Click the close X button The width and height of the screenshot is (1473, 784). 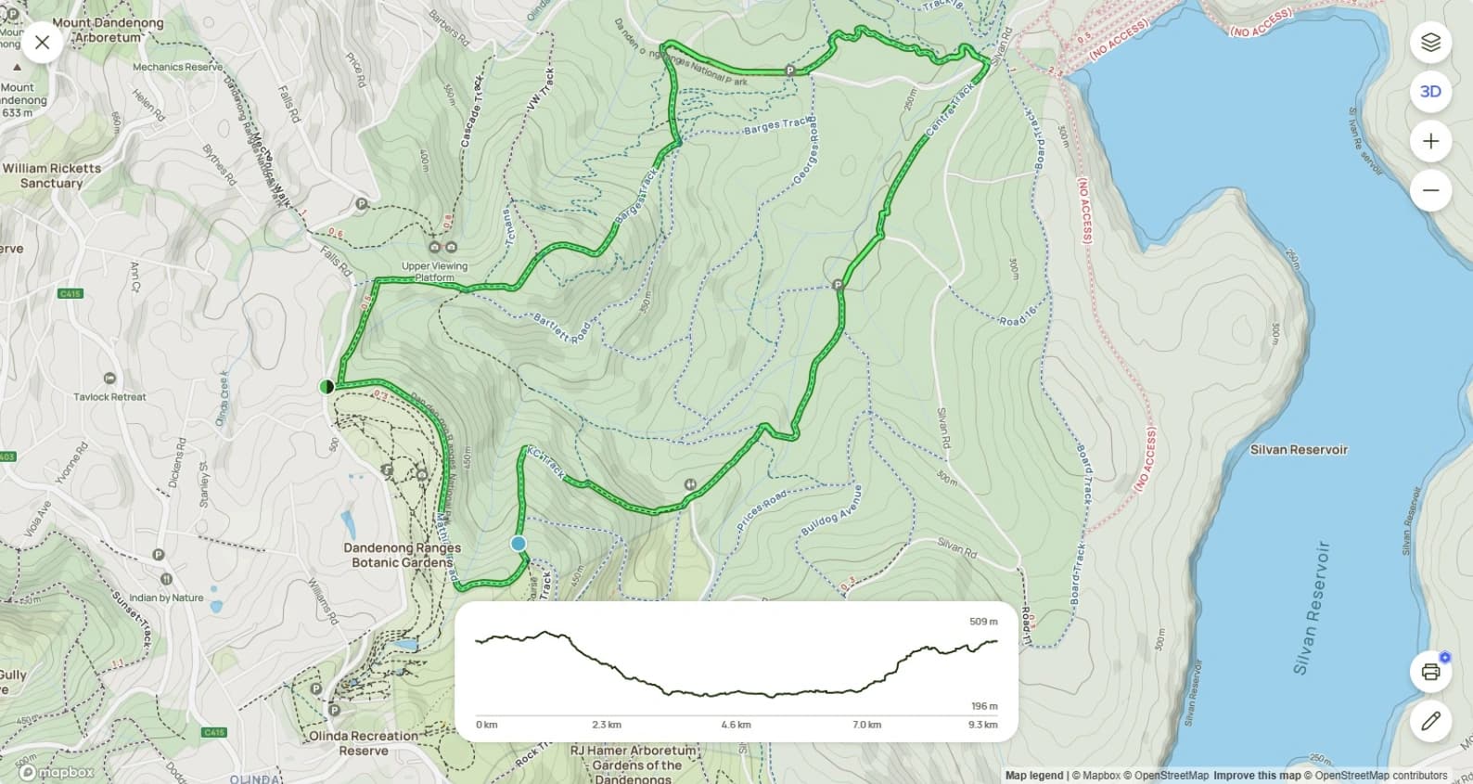pos(42,43)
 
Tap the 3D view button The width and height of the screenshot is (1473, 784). pos(1430,91)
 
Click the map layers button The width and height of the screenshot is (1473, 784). pos(1430,43)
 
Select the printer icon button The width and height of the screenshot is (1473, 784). pos(1430,672)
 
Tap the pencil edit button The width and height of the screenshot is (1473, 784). pos(1430,720)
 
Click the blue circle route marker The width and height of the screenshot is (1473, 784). pos(519,544)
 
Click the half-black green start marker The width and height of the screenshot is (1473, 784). pos(326,386)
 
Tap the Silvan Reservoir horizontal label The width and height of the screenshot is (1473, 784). pos(1299,450)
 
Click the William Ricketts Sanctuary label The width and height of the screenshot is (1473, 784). pos(52,175)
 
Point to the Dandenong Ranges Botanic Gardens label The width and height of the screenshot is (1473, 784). pos(402,555)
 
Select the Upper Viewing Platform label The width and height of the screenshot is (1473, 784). pos(434,271)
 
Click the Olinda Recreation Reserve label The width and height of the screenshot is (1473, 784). pos(363,742)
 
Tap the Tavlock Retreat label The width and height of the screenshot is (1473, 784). pos(109,397)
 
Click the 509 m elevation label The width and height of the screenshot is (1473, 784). pos(983,622)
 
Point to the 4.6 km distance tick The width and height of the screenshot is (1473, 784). pos(736,725)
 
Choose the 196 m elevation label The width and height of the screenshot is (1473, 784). pos(984,706)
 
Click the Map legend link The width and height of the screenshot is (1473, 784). pos(1033,776)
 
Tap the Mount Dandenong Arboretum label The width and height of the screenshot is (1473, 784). pos(108,30)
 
